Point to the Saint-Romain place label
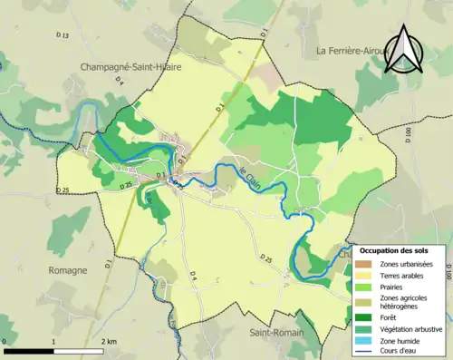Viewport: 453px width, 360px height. tap(275, 333)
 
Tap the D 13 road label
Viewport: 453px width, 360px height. tap(62, 35)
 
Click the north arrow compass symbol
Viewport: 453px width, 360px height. tap(406, 50)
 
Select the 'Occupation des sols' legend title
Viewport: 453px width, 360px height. tap(398, 249)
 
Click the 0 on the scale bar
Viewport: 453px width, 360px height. tap(5, 342)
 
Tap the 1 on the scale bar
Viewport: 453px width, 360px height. tap(54, 342)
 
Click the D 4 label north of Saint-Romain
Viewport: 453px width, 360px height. tap(193, 275)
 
